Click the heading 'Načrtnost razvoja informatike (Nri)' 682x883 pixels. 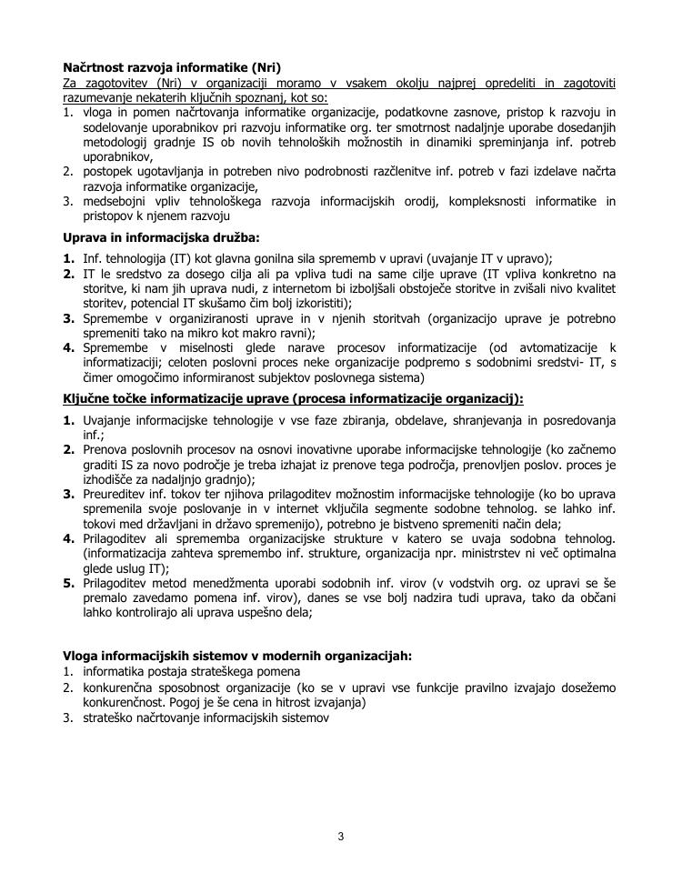[x=172, y=67]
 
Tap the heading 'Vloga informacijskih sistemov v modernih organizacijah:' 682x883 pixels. [x=236, y=655]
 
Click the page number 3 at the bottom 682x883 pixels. [x=341, y=837]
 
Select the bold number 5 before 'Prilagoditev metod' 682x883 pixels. [x=68, y=583]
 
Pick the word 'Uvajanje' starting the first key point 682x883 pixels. [x=108, y=420]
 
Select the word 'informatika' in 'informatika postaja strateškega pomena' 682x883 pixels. [x=112, y=671]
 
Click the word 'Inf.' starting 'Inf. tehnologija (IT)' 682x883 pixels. [x=92, y=258]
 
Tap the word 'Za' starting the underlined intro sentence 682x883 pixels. [x=71, y=83]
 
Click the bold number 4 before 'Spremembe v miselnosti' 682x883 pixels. [x=68, y=347]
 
